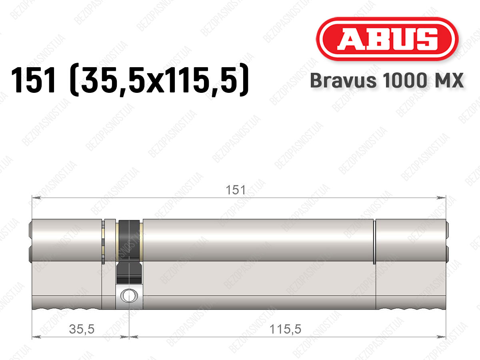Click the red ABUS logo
(x=387, y=39)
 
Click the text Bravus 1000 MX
(x=387, y=80)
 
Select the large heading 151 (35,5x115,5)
(x=130, y=80)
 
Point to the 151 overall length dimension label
(x=236, y=190)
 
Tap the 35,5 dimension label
(x=82, y=329)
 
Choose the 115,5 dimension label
(x=285, y=329)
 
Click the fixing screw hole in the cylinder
(x=129, y=296)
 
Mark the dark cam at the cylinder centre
(x=129, y=251)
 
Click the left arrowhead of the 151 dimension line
(x=36, y=198)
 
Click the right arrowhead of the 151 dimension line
(x=441, y=198)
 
